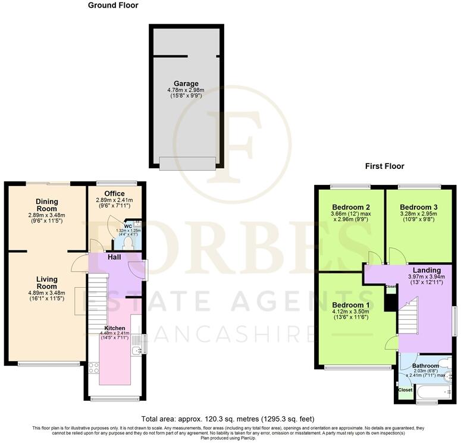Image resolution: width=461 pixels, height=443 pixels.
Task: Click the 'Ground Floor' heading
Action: tap(112, 5)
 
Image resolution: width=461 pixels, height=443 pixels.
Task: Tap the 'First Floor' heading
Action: tap(384, 166)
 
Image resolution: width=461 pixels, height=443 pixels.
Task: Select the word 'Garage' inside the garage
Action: tap(186, 84)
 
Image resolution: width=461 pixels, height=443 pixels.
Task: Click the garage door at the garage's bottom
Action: tap(187, 163)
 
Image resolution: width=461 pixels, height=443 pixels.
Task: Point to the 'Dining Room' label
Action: tap(46, 205)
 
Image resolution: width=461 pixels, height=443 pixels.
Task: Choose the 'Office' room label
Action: tap(114, 194)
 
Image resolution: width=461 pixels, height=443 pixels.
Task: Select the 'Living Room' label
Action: tap(46, 283)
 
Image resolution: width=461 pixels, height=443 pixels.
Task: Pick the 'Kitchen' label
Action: tap(115, 328)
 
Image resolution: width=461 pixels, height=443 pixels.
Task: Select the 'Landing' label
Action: tap(426, 269)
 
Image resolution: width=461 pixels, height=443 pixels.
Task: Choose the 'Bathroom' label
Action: tap(426, 366)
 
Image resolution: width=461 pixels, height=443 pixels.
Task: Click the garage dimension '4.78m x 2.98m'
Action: tap(186, 91)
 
